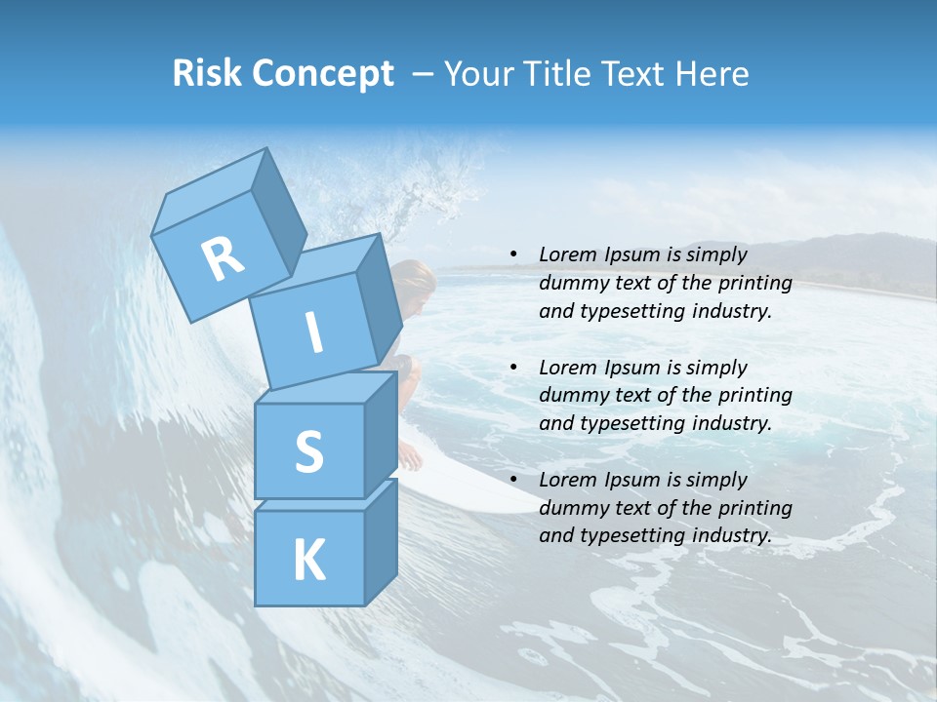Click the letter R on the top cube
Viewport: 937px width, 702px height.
[223, 258]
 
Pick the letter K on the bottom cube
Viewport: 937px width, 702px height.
[308, 561]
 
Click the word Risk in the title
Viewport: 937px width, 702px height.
[207, 74]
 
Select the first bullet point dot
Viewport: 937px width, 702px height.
[513, 254]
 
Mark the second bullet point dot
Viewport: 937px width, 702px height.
[513, 368]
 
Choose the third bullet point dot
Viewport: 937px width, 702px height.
[513, 480]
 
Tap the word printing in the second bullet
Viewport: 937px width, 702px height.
[755, 396]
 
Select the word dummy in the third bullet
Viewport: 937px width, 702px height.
[570, 508]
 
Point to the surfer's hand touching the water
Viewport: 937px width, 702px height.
[412, 455]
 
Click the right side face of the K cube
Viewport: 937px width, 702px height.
[381, 541]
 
